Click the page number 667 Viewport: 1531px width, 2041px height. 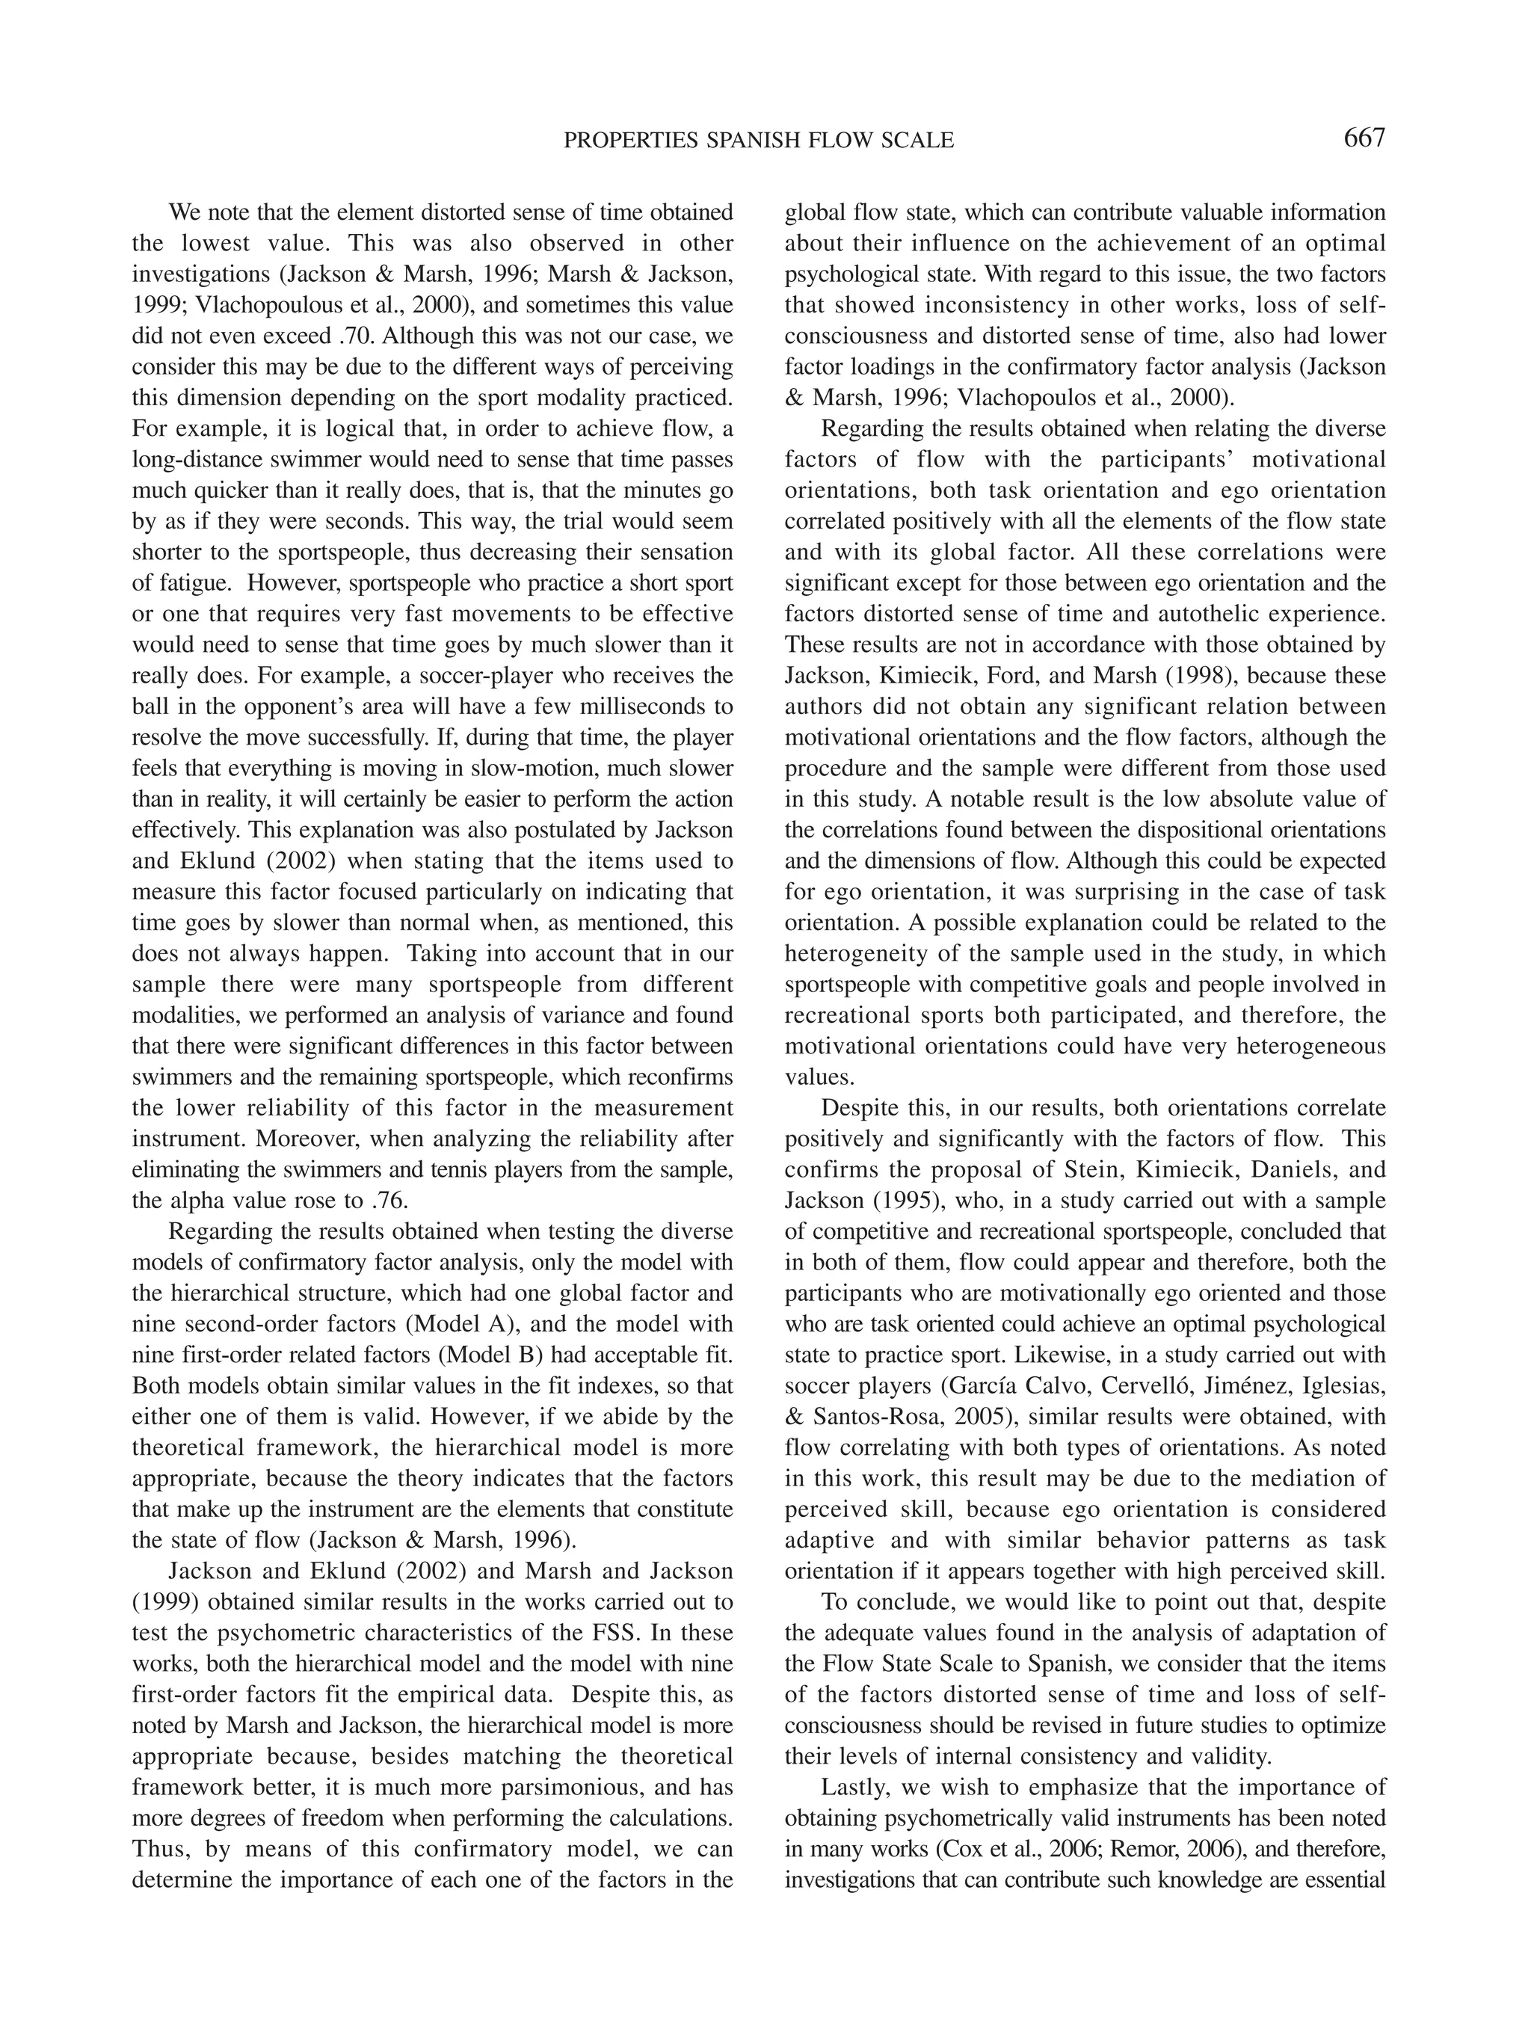pos(1364,138)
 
